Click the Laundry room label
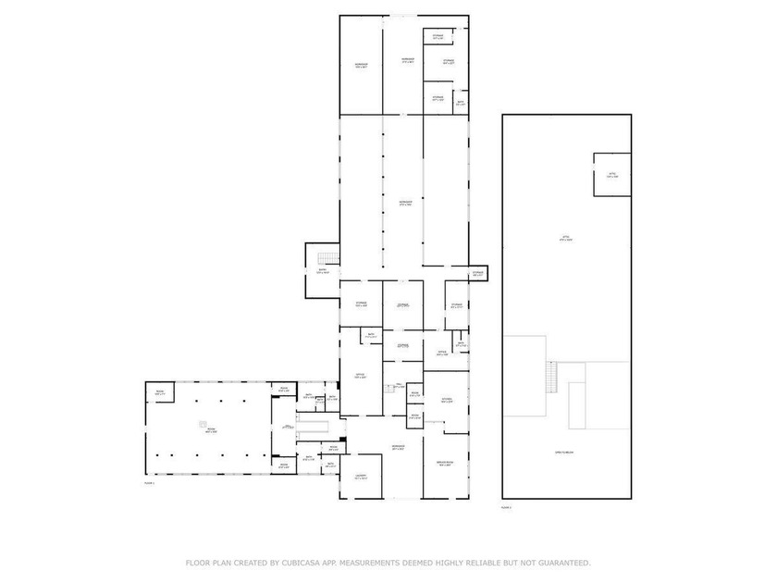[361, 478]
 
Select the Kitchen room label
[447, 401]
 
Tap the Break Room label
[444, 464]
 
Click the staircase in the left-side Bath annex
[326, 258]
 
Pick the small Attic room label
[611, 175]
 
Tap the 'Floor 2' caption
[506, 507]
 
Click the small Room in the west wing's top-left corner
[160, 393]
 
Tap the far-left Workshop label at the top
[361, 65]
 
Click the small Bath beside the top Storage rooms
[460, 103]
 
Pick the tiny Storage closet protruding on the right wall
[477, 274]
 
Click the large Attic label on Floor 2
[566, 238]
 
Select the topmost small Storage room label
[438, 37]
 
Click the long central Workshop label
[404, 203]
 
